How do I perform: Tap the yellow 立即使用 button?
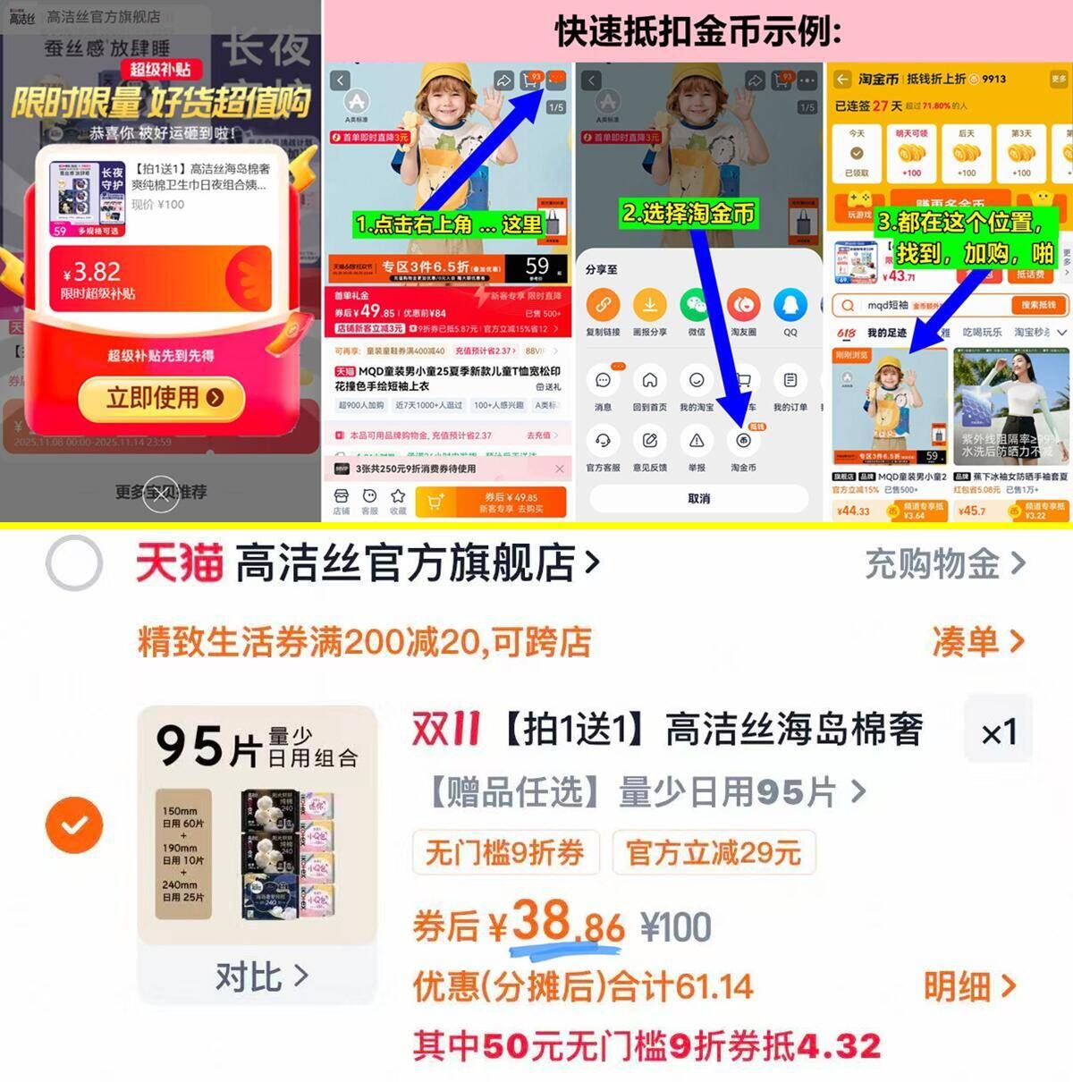click(x=162, y=398)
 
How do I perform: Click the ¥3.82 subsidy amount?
click(x=91, y=272)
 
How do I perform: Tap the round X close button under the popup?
click(x=161, y=495)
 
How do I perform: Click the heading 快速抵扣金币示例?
click(x=697, y=31)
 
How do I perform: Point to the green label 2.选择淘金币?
click(x=689, y=213)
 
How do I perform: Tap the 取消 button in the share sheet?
click(x=698, y=498)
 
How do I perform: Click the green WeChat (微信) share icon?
click(x=697, y=306)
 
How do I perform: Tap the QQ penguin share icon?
click(x=790, y=306)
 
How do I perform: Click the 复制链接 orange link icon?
click(x=604, y=306)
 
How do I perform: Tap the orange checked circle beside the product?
click(x=74, y=824)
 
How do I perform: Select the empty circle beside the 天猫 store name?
click(x=74, y=563)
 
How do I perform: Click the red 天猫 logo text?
click(x=180, y=564)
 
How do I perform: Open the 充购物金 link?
click(x=944, y=564)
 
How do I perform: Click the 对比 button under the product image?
click(x=259, y=976)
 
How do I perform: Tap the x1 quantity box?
click(x=999, y=732)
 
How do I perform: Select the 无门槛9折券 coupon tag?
click(x=504, y=851)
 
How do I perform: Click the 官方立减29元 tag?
click(x=713, y=851)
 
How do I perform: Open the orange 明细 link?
click(x=969, y=986)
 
